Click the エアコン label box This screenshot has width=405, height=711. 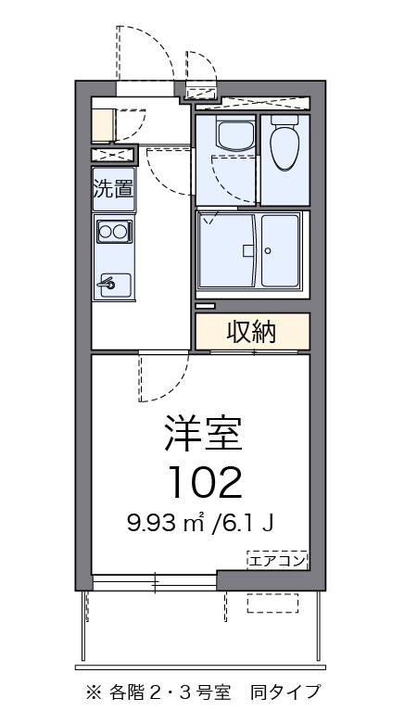[x=276, y=559]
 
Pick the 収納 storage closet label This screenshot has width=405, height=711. [x=251, y=331]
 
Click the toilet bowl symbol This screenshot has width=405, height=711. [x=285, y=143]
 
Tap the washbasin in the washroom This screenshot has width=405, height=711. [x=226, y=137]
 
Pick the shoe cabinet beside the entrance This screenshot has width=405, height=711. [x=103, y=124]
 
